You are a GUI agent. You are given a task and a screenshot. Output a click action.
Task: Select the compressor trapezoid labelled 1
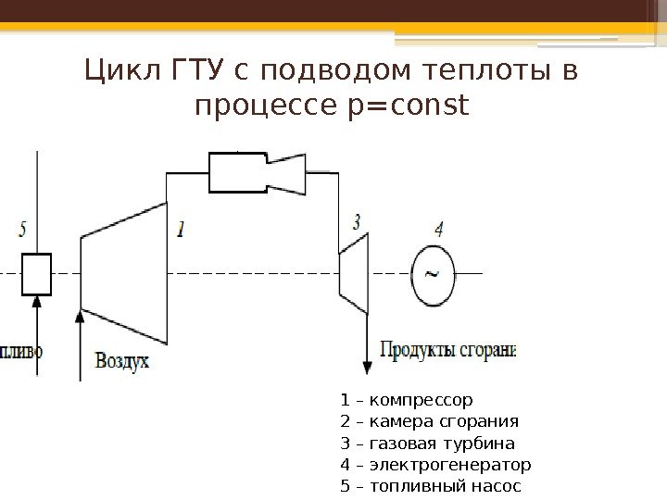125,275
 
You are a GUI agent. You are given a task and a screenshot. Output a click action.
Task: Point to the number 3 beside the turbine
357,221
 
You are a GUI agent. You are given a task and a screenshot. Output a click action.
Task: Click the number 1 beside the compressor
180,228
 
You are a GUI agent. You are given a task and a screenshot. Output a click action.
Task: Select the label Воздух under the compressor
121,361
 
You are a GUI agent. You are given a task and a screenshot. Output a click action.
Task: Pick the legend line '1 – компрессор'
407,401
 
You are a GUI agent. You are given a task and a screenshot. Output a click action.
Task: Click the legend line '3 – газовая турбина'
427,444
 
